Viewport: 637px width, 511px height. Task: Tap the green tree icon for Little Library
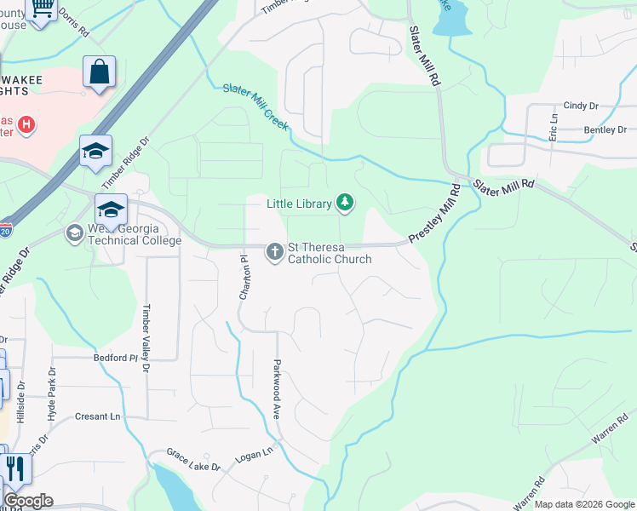tap(345, 202)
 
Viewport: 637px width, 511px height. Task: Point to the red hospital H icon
tap(26, 125)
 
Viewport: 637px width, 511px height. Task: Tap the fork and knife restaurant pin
tap(15, 469)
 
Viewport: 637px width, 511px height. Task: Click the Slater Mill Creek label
tap(255, 106)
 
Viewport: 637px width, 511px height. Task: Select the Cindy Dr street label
tap(581, 106)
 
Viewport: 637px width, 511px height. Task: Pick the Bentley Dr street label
tap(605, 130)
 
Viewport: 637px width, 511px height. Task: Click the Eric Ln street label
tap(553, 127)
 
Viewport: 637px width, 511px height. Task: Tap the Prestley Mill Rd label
tap(435, 216)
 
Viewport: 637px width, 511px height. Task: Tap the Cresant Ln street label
tap(97, 416)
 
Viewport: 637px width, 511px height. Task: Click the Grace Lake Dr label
tap(192, 460)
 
